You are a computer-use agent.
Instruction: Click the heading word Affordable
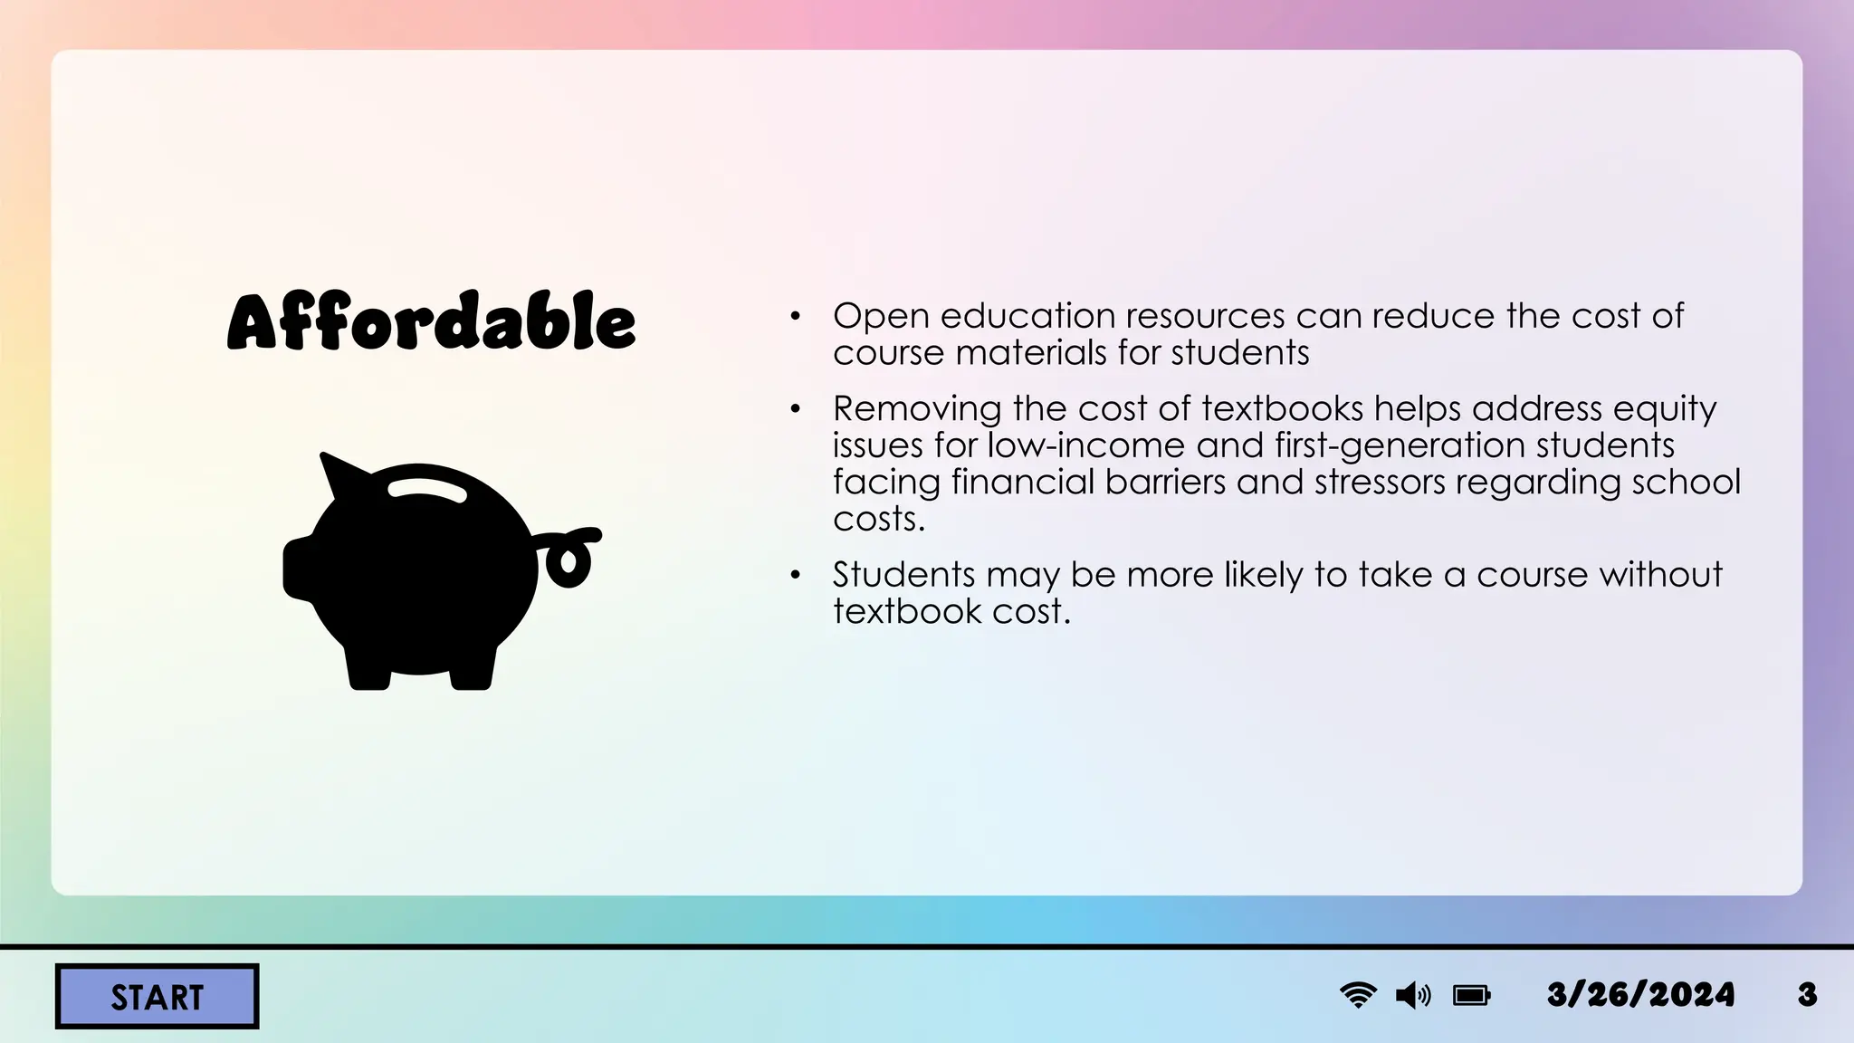tap(431, 322)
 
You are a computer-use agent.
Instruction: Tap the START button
tap(158, 997)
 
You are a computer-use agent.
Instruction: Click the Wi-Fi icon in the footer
tap(1358, 995)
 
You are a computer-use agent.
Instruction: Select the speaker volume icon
tap(1413, 996)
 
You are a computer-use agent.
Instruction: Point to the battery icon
tap(1471, 996)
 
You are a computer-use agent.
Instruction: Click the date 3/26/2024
tap(1640, 995)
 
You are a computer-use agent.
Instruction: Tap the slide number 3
tap(1807, 995)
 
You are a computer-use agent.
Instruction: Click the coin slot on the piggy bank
tap(427, 489)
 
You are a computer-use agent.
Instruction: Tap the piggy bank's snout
tap(299, 568)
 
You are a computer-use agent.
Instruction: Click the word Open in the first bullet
tap(881, 316)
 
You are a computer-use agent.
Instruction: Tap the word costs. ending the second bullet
tap(879, 519)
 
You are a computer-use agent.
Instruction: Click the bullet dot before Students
tap(795, 575)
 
